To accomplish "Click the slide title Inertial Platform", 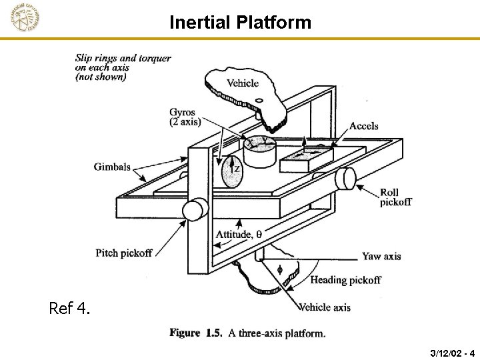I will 240,23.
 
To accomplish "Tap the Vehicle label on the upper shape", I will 243,83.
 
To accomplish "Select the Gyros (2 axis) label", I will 183,117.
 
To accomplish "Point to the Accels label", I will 363,126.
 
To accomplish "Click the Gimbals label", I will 112,167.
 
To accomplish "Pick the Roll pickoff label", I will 396,197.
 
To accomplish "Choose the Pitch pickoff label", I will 124,253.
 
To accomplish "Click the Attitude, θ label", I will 239,234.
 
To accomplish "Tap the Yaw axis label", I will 381,256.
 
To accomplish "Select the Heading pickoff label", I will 345,280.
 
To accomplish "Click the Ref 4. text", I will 69,309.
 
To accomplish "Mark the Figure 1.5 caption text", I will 247,333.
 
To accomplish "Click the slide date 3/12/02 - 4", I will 452,352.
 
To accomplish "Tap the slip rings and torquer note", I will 123,67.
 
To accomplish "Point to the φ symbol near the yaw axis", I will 279,269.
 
